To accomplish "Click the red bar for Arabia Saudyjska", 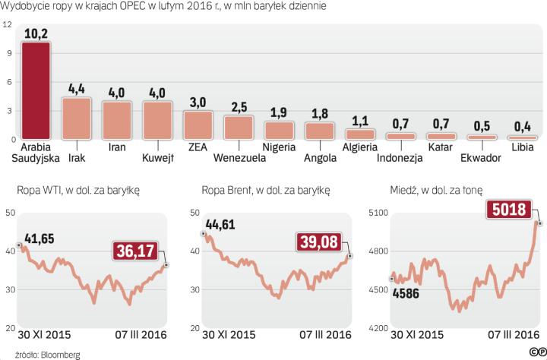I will (x=36, y=91).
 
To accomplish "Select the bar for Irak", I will (x=76, y=118).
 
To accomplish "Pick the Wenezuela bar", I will (x=239, y=128).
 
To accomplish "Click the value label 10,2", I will (x=36, y=33).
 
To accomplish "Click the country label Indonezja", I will (x=400, y=158).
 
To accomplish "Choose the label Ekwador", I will (x=482, y=158).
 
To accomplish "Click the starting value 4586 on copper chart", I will (x=408, y=294).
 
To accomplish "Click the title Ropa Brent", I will (x=226, y=189).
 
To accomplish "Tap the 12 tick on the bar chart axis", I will (x=8, y=24).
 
